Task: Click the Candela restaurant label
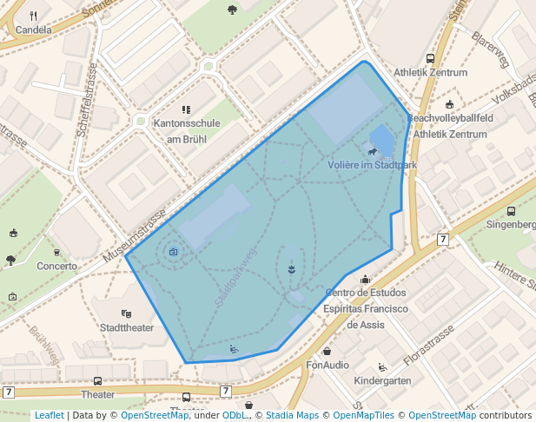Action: pos(34,30)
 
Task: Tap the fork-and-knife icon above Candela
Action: pos(34,16)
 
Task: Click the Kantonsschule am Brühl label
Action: pos(186,131)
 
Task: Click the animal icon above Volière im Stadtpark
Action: pos(372,153)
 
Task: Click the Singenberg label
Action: pos(511,224)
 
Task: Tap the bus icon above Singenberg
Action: pos(511,210)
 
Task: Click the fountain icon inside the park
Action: pos(291,269)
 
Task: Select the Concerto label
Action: pos(56,266)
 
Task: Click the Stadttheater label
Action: pos(127,327)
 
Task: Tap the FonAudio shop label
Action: pos(328,365)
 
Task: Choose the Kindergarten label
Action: pos(383,381)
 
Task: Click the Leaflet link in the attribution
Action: pos(49,415)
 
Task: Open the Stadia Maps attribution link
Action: pos(290,415)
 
